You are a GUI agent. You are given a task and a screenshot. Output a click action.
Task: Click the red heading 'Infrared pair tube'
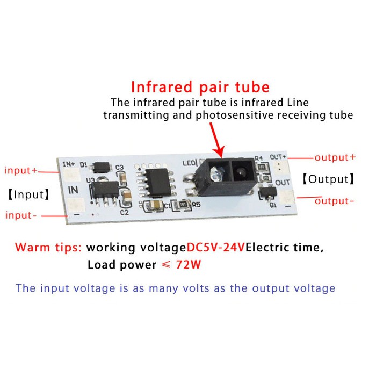pos(200,87)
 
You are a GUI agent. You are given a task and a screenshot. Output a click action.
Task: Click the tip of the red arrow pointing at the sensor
pos(220,156)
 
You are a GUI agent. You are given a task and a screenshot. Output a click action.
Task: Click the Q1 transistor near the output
pos(265,192)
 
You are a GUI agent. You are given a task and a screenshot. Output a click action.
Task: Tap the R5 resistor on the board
pos(183,204)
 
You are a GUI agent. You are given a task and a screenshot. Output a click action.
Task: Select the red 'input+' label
pos(21,171)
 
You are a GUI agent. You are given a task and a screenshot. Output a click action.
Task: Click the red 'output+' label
pos(335,157)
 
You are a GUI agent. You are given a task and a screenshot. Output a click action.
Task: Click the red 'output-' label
pos(335,201)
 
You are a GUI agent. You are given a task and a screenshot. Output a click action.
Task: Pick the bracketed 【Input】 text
pos(27,194)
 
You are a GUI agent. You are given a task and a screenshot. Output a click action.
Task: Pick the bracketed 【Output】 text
pos(327,179)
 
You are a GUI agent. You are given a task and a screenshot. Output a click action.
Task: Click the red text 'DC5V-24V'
pos(216,248)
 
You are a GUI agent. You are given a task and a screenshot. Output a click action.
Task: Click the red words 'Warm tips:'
pos(48,248)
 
